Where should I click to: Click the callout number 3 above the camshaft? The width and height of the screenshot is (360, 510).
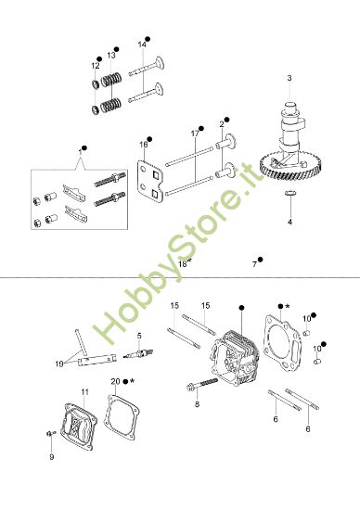289,77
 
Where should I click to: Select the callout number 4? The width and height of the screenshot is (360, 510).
289,223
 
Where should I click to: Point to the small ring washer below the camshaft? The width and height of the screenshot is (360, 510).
289,194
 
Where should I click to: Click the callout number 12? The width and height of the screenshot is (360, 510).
96,66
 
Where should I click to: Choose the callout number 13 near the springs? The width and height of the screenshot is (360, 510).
111,56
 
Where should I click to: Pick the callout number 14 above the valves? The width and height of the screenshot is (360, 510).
142,45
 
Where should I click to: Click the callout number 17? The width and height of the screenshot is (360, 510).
196,134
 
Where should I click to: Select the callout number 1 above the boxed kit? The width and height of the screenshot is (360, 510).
81,148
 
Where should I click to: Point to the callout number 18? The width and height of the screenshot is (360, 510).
183,263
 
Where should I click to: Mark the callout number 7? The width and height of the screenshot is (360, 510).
254,263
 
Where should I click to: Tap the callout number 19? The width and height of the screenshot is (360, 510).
60,363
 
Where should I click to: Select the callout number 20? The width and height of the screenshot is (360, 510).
114,381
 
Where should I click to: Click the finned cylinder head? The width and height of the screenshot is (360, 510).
236,357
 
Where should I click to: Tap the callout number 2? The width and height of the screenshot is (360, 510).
222,123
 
